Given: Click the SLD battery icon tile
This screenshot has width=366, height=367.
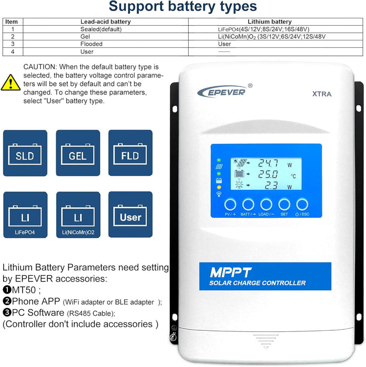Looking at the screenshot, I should click(25, 153).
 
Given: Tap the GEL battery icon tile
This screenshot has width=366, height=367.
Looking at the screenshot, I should click(78, 153).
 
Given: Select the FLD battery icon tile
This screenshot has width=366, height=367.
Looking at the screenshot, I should click(130, 153).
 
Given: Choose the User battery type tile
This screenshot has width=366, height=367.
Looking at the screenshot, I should click(130, 215).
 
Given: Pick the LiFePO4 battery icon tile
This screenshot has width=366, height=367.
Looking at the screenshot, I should click(25, 215).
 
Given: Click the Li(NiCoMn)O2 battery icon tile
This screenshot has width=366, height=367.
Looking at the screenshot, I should click(78, 215).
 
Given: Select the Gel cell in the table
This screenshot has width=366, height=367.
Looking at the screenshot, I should click(88, 37).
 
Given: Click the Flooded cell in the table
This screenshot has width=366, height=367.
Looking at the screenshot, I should click(91, 44).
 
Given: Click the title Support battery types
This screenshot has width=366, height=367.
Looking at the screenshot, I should click(182, 7).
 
